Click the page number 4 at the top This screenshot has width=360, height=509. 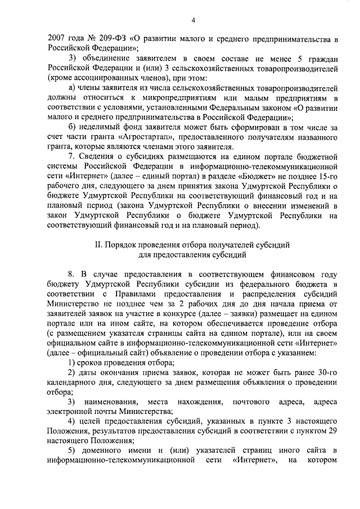coord(192,21)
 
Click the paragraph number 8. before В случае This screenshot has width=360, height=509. coord(71,274)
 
